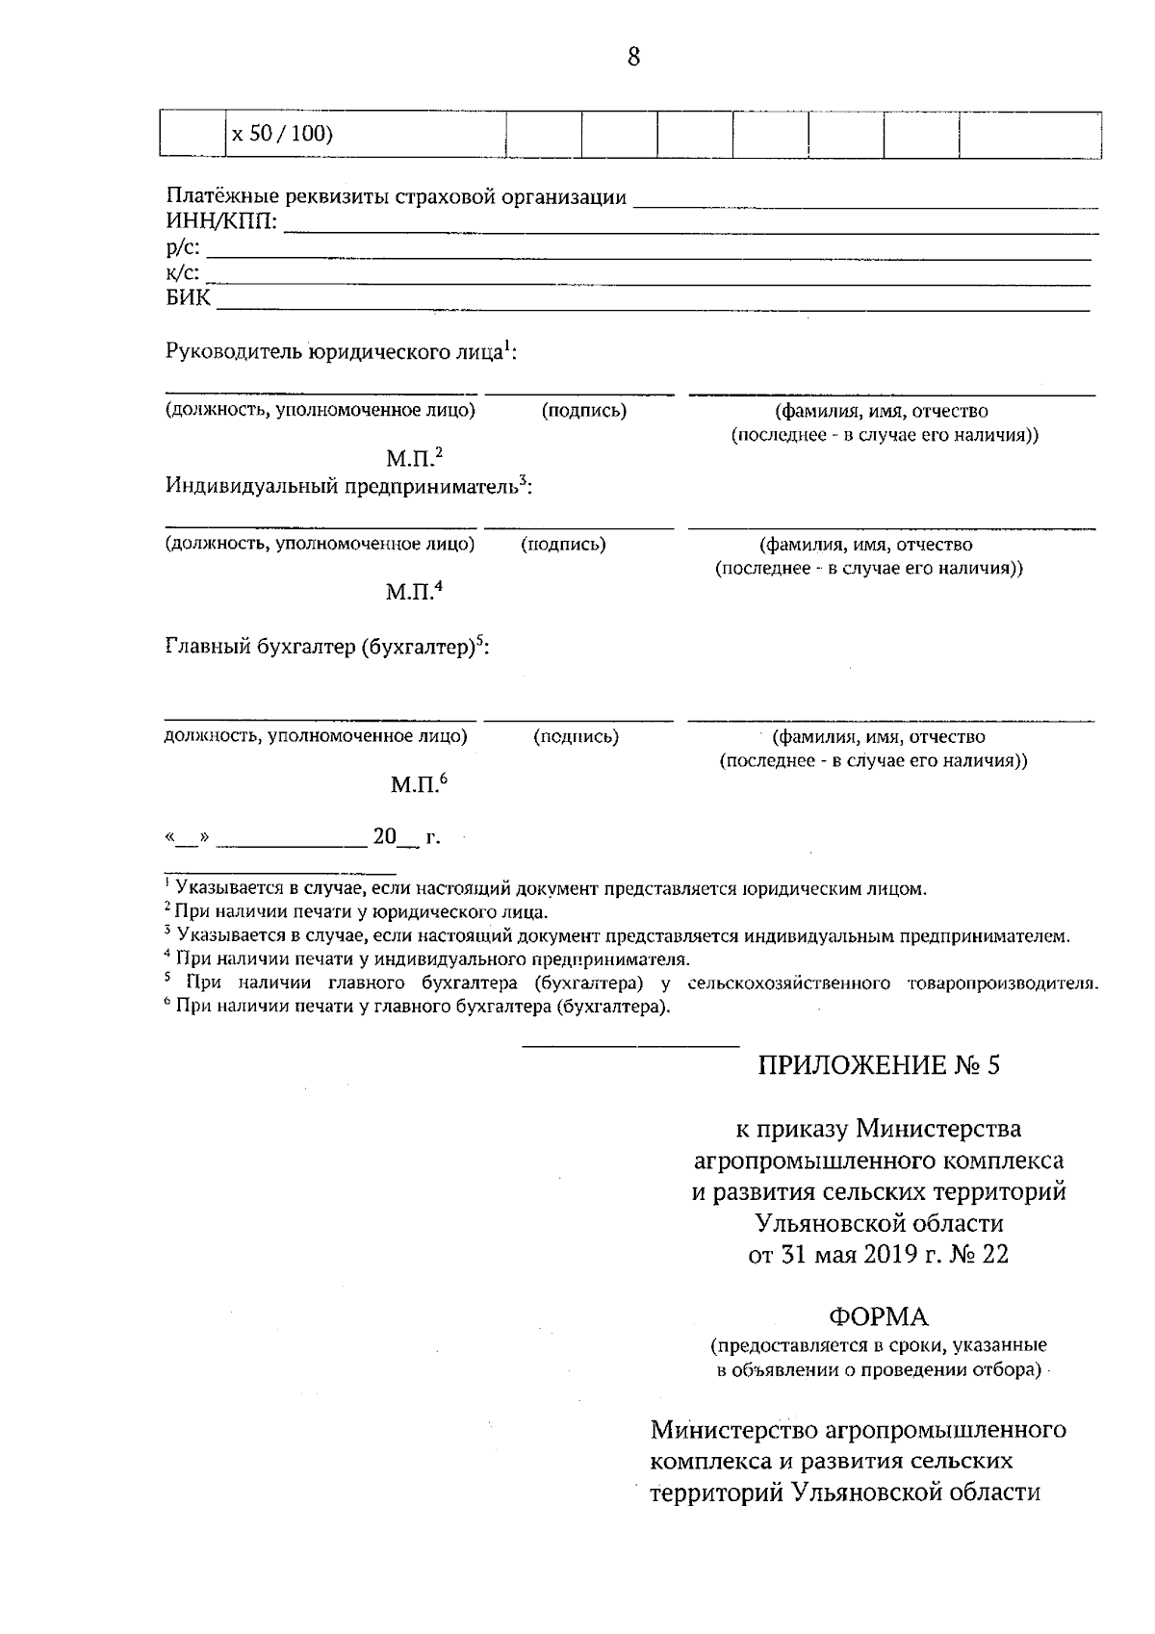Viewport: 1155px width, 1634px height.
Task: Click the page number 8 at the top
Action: click(x=633, y=57)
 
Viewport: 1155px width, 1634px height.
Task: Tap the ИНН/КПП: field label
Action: click(x=222, y=223)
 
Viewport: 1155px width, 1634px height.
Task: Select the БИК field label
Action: click(x=188, y=298)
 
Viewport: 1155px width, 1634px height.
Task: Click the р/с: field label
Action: click(x=183, y=248)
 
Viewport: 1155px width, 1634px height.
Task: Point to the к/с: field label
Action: click(x=183, y=273)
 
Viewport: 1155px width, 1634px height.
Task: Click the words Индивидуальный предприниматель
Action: click(x=342, y=486)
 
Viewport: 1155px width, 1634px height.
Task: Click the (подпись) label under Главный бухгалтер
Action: click(x=576, y=737)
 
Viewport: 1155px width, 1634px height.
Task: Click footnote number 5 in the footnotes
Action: click(x=167, y=980)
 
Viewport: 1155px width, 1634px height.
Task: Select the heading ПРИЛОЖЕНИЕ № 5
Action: click(x=879, y=1065)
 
